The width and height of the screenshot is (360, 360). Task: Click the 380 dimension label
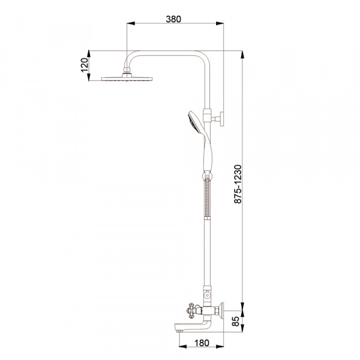click(x=173, y=19)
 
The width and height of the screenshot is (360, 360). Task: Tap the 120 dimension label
click(x=84, y=65)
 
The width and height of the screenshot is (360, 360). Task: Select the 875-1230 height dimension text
click(x=238, y=184)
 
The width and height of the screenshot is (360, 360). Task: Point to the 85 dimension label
click(x=236, y=321)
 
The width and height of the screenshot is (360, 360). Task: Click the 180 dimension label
click(x=202, y=343)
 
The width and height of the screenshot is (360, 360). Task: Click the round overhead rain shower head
click(x=127, y=79)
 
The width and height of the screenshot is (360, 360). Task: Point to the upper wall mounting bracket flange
click(x=222, y=119)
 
